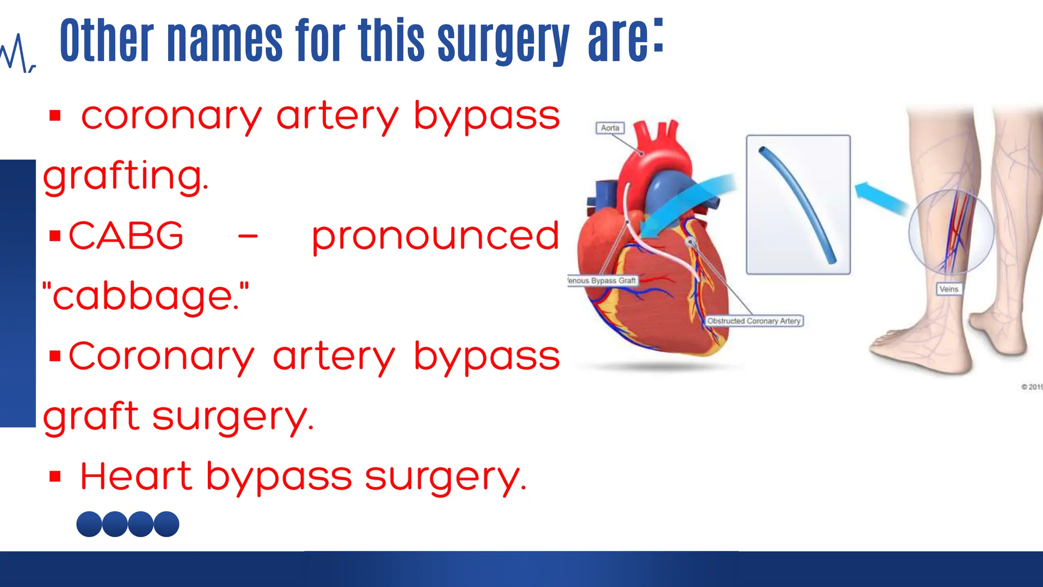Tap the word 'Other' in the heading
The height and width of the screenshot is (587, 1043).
pos(106,41)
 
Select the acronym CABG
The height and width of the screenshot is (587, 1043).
pos(126,236)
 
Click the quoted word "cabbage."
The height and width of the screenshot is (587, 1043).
pos(146,296)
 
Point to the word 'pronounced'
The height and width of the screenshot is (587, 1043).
pos(435,236)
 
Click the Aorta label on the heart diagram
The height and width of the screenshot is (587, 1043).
pos(610,128)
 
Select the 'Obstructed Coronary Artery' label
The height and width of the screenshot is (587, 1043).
pos(754,321)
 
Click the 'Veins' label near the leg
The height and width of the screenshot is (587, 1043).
pos(948,289)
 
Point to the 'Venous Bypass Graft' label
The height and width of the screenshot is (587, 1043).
pos(602,281)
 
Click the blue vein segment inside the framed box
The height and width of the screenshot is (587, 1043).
pos(798,204)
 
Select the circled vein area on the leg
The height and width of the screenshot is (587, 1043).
pos(951,232)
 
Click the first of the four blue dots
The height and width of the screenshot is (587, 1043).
pos(89,524)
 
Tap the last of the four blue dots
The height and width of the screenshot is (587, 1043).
pos(167,524)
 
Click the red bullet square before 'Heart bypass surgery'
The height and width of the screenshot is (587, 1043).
pos(55,477)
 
